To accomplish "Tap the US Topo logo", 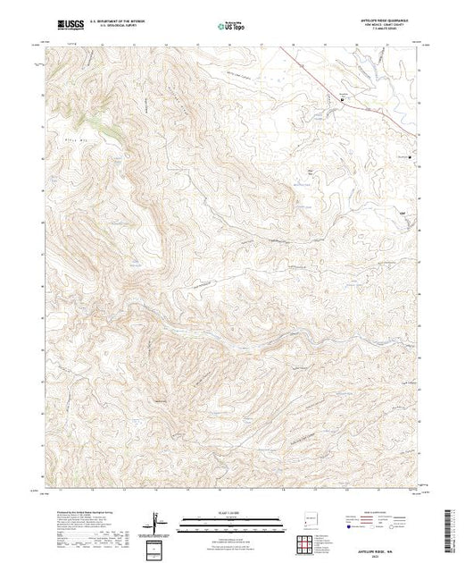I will click(232, 27).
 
